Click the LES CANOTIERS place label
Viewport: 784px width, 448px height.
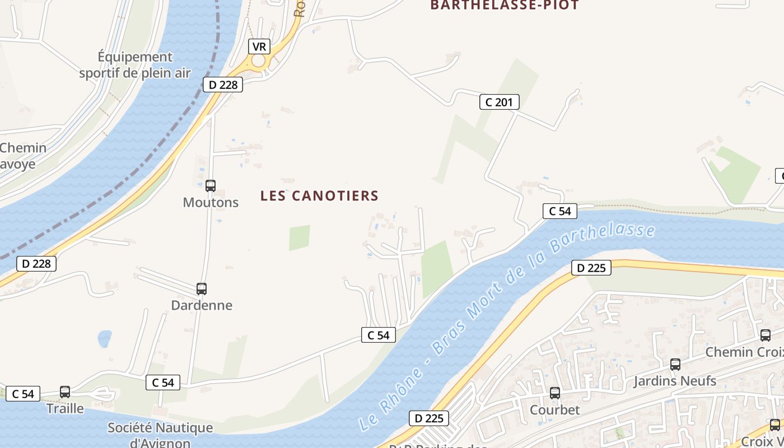[319, 195]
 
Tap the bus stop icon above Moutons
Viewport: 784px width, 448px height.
[211, 185]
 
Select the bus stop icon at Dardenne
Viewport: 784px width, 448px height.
[202, 289]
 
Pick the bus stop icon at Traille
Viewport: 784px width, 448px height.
[65, 392]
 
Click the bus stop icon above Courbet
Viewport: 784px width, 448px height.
[555, 393]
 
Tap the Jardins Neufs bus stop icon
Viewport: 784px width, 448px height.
[675, 365]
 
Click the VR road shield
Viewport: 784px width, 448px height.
[259, 46]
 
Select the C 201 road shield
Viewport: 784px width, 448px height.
[500, 102]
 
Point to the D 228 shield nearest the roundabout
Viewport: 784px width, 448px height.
[222, 85]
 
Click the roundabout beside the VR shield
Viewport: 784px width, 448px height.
[259, 60]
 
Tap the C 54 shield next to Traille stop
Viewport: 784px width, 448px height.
[23, 394]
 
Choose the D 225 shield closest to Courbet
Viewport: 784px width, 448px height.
[429, 418]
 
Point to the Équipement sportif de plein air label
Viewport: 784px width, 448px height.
[135, 65]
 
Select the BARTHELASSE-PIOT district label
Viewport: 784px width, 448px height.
[504, 6]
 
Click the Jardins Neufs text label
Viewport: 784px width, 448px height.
[675, 381]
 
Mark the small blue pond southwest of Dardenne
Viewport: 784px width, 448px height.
[105, 338]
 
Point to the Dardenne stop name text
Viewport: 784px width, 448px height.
[202, 305]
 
